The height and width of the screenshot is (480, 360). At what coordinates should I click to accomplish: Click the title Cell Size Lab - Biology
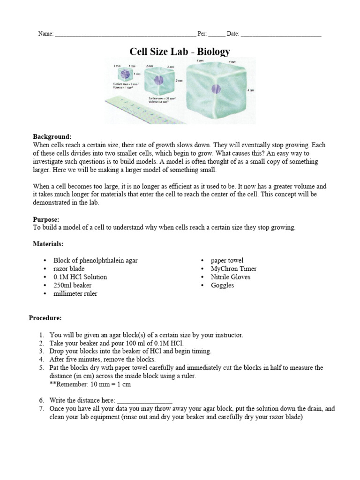pyautogui.click(x=180, y=51)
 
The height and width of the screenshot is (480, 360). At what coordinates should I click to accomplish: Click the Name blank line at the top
pyautogui.click(x=125, y=35)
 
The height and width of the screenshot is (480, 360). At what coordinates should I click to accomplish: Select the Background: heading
pyautogui.click(x=52, y=136)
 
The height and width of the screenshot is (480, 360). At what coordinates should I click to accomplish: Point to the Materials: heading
pyautogui.click(x=48, y=244)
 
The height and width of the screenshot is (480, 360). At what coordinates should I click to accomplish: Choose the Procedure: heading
pyautogui.click(x=45, y=318)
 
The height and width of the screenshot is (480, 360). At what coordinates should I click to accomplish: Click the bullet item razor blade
pyautogui.click(x=69, y=269)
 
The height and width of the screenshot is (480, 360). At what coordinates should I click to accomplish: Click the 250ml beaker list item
pyautogui.click(x=72, y=285)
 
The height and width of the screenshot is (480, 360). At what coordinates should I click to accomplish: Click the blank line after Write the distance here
pyautogui.click(x=144, y=401)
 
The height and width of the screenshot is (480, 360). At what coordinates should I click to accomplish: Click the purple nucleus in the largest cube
pyautogui.click(x=216, y=89)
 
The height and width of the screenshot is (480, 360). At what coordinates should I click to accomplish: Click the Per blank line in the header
pyautogui.click(x=217, y=35)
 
